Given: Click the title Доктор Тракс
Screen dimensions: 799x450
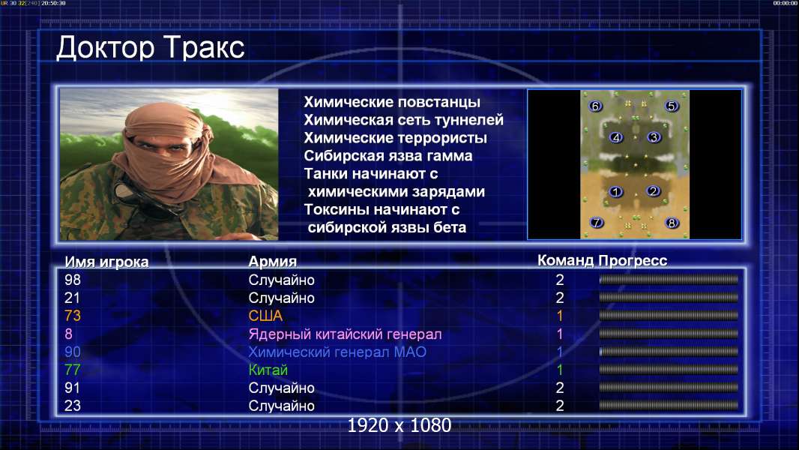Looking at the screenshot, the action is pos(151,49).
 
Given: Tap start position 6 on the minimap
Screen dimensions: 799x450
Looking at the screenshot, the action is pos(595,106).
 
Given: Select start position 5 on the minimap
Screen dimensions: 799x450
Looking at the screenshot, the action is pos(671,106).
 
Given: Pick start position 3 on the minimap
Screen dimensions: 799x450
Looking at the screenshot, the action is pos(654,137).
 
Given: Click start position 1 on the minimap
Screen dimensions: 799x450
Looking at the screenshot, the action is pos(616,191).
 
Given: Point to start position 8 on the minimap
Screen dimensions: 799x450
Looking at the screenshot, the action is pos(672,223).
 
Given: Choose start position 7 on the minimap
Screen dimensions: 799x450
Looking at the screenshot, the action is pos(596,222).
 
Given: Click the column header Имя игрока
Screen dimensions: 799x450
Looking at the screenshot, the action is pos(106,262).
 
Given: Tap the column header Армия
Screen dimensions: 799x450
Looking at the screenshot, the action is pos(273,262).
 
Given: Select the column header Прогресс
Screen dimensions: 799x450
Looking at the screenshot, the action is pos(633,261).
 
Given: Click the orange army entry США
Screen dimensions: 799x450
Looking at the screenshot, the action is pos(265,316).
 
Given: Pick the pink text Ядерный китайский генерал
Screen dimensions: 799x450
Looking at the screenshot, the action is pos(345,334).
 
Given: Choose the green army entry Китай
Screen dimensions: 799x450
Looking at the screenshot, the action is pos(268,370).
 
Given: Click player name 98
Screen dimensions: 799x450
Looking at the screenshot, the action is pos(73,280).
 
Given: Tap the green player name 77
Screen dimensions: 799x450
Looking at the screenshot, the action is pos(73,370).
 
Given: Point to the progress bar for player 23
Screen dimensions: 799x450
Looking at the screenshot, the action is pos(669,406).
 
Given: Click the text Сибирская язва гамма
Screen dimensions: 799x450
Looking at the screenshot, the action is pos(388,156).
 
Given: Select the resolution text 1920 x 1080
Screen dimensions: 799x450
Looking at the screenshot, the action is pos(399,425).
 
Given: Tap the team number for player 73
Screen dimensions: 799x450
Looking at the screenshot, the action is pos(559,316).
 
